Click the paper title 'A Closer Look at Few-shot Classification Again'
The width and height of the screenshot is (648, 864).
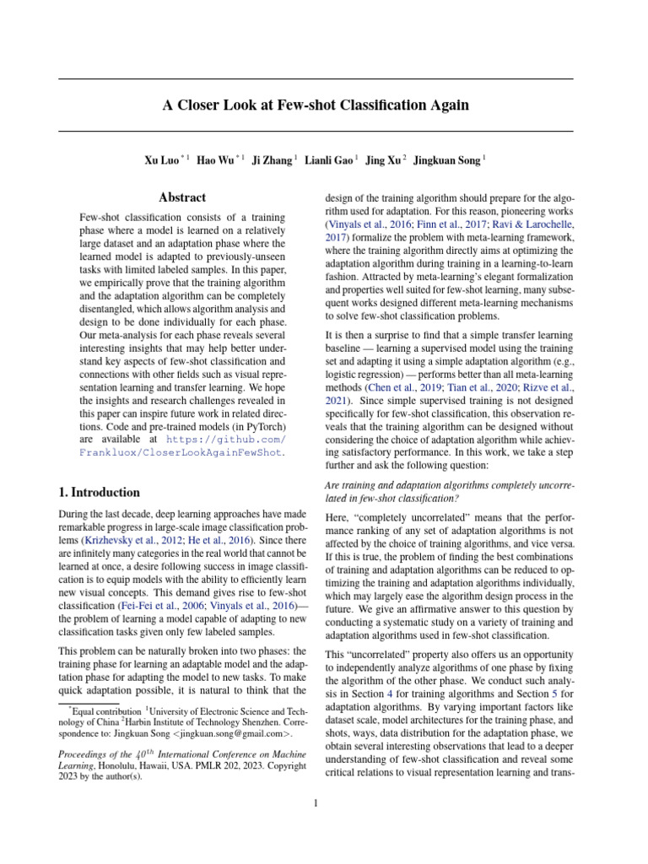click(316, 105)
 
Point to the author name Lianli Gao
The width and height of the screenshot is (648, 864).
click(328, 159)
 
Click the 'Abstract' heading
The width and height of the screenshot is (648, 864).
click(183, 197)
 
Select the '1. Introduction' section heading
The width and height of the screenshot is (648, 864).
click(100, 492)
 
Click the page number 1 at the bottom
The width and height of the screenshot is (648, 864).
click(316, 803)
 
